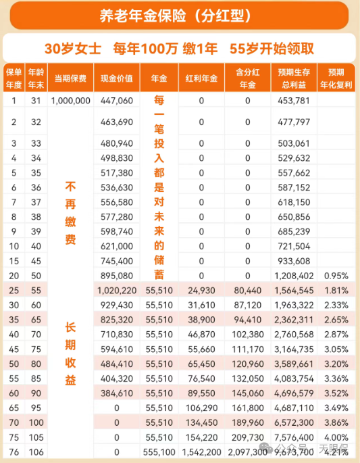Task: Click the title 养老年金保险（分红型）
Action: click(x=179, y=15)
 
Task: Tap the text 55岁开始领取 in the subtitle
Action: click(x=272, y=49)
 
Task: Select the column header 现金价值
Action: click(x=115, y=78)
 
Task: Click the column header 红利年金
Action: click(x=201, y=78)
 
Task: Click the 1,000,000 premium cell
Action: click(x=70, y=101)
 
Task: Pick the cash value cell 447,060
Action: click(x=115, y=101)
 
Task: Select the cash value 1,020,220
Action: click(x=115, y=289)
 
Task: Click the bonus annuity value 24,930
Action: click(x=201, y=289)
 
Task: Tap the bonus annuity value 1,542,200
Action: click(x=201, y=451)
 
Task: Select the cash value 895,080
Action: click(x=115, y=275)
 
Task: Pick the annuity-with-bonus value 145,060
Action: click(x=247, y=392)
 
